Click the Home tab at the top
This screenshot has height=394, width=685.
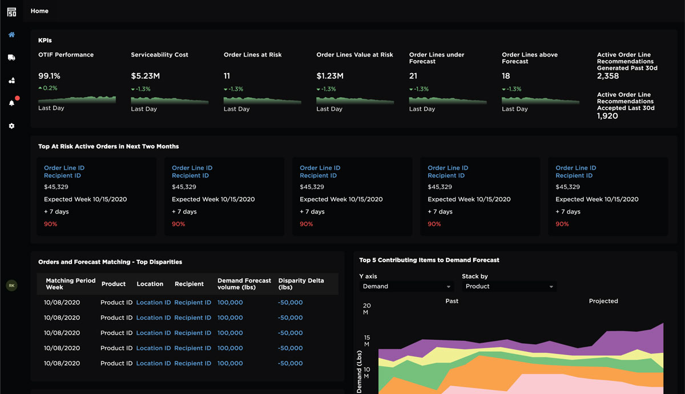[x=39, y=11]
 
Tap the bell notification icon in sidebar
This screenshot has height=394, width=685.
[x=11, y=103]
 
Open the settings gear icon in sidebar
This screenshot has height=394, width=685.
[x=11, y=126]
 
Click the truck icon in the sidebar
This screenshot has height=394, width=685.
[x=11, y=58]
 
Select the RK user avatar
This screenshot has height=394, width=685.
[x=11, y=286]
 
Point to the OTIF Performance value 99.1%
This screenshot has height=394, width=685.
[x=49, y=76]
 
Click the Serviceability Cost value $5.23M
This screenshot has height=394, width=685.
[x=146, y=76]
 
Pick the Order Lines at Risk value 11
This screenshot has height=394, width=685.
[x=227, y=76]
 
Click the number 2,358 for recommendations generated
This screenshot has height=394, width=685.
[x=608, y=76]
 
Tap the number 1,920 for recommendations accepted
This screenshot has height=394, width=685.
[x=607, y=116]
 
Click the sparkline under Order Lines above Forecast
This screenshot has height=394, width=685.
[x=540, y=100]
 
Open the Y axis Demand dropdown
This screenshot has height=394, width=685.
[x=407, y=287]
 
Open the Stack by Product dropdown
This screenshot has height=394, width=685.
[x=509, y=287]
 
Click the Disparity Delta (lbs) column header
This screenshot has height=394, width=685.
[x=301, y=284]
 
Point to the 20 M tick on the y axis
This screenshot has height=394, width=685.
[x=366, y=309]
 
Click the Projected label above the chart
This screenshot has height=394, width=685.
[x=603, y=301]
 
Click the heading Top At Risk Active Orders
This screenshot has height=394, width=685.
[x=108, y=147]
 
